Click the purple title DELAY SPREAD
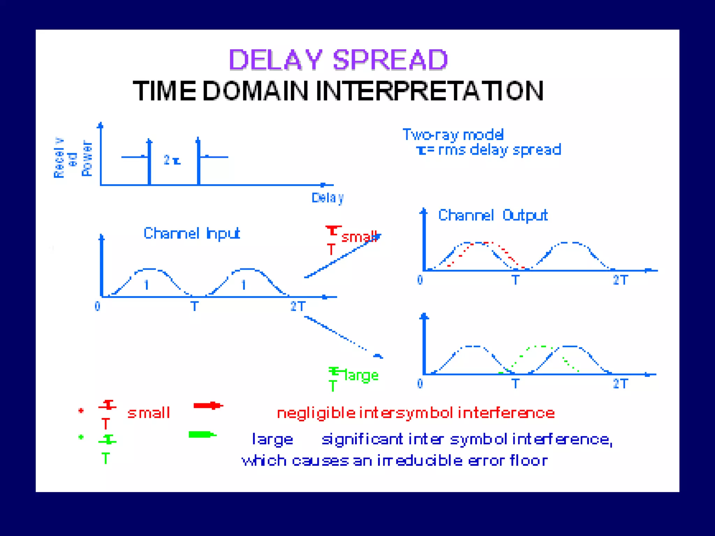[x=338, y=60]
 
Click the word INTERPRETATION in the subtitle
[x=429, y=91]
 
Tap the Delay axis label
[x=327, y=198]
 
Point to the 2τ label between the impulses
[x=172, y=160]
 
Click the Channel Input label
[x=192, y=233]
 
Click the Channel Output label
[x=493, y=215]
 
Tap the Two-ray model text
[x=453, y=135]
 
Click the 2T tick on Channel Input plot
[x=298, y=306]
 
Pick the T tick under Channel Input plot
[x=194, y=306]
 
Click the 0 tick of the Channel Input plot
[x=97, y=306]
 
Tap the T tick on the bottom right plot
[x=515, y=384]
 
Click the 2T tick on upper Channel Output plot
[x=620, y=280]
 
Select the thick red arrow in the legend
[x=208, y=405]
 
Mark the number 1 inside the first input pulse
[x=147, y=285]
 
